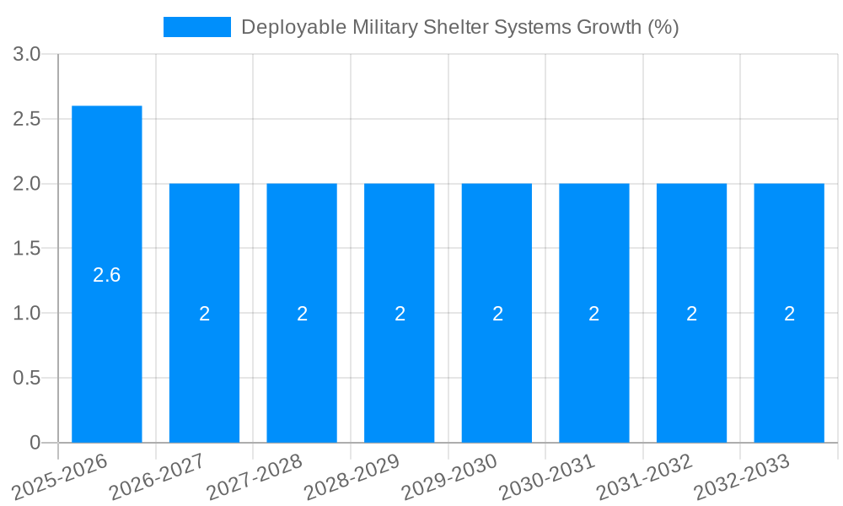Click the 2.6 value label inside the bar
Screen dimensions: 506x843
[x=107, y=275]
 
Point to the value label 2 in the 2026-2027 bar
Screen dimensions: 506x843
[x=205, y=314]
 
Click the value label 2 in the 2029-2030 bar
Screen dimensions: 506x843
[x=497, y=314]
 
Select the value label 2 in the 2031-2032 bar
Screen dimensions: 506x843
[x=692, y=314]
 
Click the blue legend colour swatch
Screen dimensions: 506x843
[x=196, y=27]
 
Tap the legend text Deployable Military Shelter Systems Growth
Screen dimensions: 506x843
[x=459, y=27]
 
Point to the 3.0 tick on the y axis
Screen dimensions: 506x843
[x=27, y=55]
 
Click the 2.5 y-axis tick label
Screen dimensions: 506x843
[x=27, y=119]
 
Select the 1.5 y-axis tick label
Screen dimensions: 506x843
[x=27, y=249]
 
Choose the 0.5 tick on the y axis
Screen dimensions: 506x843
[x=27, y=379]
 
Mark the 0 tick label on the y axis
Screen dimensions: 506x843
[x=35, y=443]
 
